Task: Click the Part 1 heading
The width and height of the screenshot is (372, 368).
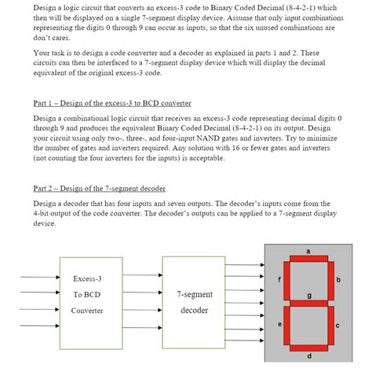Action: (x=112, y=103)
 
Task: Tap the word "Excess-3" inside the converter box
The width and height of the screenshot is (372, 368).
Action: (x=86, y=279)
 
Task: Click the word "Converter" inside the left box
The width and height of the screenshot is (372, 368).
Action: (x=86, y=310)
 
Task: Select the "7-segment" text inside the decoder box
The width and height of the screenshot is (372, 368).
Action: (x=193, y=294)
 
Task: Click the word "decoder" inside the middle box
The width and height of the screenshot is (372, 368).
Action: (x=193, y=310)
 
